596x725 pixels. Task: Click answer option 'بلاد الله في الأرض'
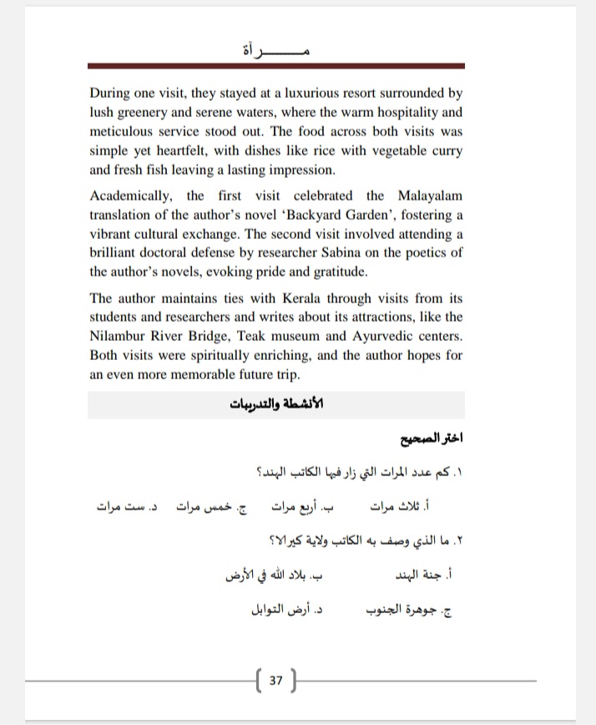[273, 576]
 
